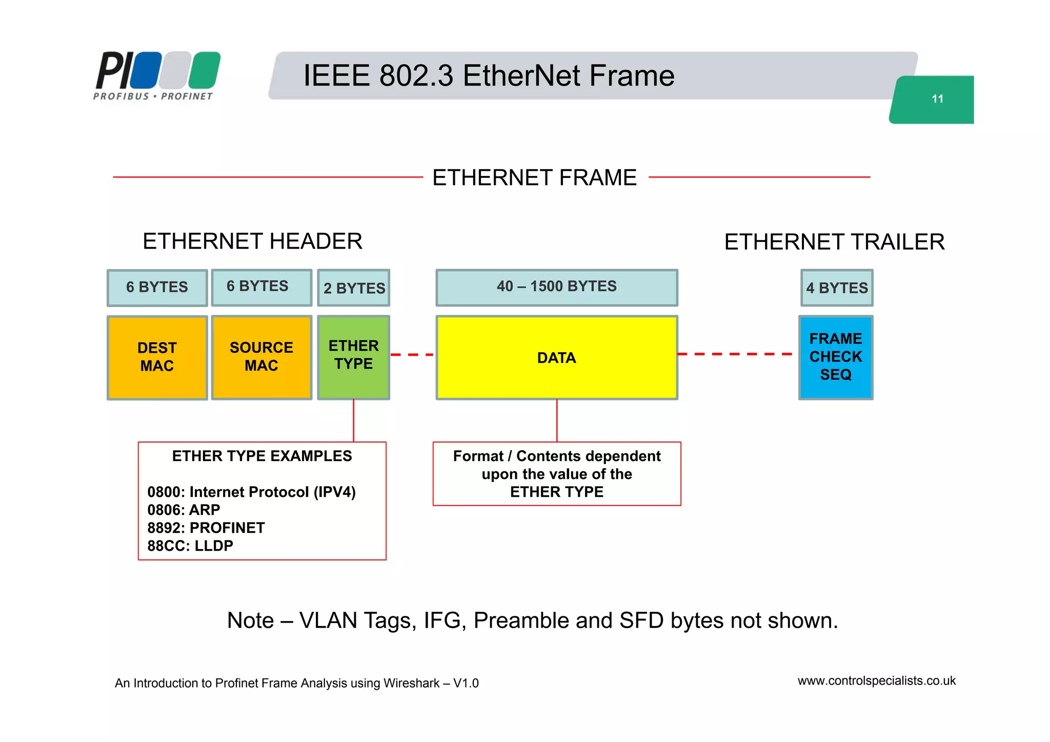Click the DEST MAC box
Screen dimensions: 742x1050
[x=157, y=357]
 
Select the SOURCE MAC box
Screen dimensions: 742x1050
[x=261, y=357]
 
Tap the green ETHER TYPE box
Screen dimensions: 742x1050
[x=354, y=357]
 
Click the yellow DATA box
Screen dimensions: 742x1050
[x=557, y=357]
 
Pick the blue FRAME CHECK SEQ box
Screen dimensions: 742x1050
[x=836, y=357]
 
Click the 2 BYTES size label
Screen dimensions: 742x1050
[x=354, y=288]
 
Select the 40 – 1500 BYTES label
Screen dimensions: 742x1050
[x=557, y=287]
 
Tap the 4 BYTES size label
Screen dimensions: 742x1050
[x=837, y=288]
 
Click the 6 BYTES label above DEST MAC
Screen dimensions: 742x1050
[x=157, y=287]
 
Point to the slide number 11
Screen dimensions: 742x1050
[x=937, y=99]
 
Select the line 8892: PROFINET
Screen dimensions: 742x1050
[x=206, y=528]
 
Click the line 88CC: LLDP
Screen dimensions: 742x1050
[x=190, y=546]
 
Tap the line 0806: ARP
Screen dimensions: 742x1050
[x=184, y=510]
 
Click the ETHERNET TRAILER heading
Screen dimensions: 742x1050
[x=834, y=242]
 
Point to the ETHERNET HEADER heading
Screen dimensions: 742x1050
[x=252, y=242]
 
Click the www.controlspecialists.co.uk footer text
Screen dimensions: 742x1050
[x=876, y=681]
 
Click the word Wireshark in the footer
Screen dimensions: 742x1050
[x=411, y=684]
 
